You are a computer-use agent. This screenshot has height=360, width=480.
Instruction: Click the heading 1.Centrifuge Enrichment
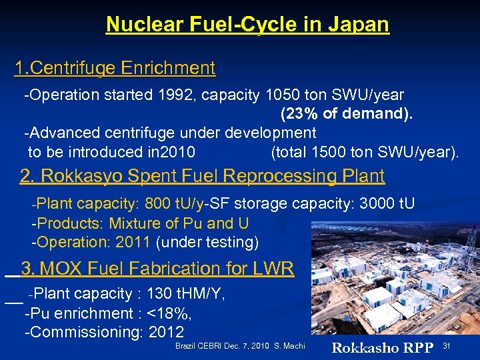pyautogui.click(x=115, y=68)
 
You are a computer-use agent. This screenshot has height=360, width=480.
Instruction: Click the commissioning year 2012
pyautogui.click(x=166, y=332)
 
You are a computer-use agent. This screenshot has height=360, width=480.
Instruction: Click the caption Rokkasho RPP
pyautogui.click(x=383, y=347)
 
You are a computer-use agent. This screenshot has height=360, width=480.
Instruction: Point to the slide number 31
pyautogui.click(x=447, y=345)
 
